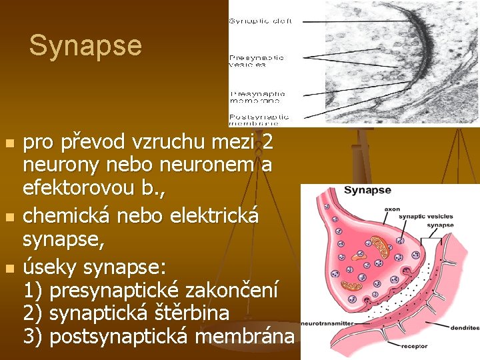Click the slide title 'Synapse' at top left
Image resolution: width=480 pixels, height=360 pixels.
[x=85, y=46]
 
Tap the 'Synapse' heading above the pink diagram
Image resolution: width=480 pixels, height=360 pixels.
[x=367, y=191]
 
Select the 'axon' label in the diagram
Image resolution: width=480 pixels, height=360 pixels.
[x=392, y=209]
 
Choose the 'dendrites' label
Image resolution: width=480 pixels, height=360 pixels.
[x=464, y=328]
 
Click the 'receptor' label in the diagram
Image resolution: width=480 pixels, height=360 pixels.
[x=415, y=347]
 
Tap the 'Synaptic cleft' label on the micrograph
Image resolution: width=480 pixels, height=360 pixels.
[x=260, y=21]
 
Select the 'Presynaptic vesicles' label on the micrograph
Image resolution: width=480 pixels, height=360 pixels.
[x=257, y=61]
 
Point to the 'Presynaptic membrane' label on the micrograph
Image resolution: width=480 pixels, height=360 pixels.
[x=257, y=97]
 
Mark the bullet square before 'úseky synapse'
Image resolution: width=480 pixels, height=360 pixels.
[x=9, y=268]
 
